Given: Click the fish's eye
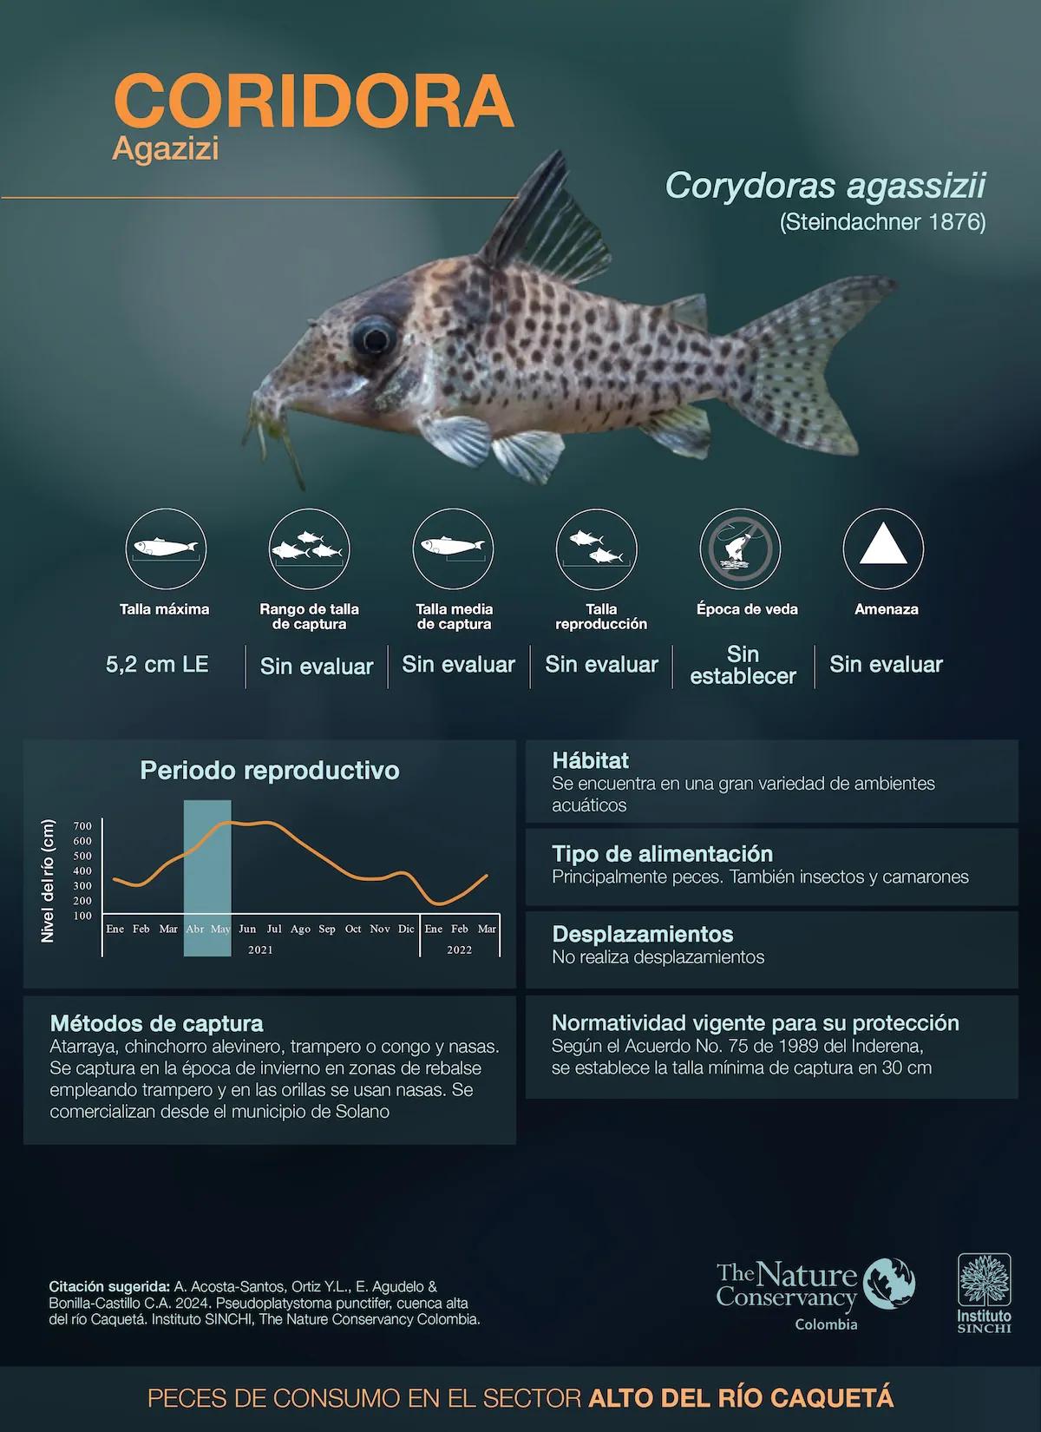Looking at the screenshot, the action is coord(374,338).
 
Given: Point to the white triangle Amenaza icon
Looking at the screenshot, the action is coord(883,544).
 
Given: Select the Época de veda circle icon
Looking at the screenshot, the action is coord(740,548).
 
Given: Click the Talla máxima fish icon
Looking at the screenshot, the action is coord(166,548).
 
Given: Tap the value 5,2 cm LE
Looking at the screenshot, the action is coord(157,664).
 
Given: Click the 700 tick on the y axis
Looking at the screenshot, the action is coord(82,826).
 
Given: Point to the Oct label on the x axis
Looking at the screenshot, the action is coord(353,929).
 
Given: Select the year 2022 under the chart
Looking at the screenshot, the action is coord(460,950).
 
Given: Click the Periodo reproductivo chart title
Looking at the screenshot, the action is coord(270,771).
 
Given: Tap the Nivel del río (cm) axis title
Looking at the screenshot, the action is coord(48,880).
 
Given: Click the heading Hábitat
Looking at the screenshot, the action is coord(591,760).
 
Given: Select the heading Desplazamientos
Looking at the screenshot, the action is coord(643,934).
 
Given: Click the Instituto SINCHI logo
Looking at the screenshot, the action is coord(984,1293).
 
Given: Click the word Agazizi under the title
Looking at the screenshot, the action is coord(166,149).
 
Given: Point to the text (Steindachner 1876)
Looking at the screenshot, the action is coord(882,222).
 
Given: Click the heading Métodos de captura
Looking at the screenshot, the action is coord(156,1023).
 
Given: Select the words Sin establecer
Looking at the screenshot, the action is coord(743,665).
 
